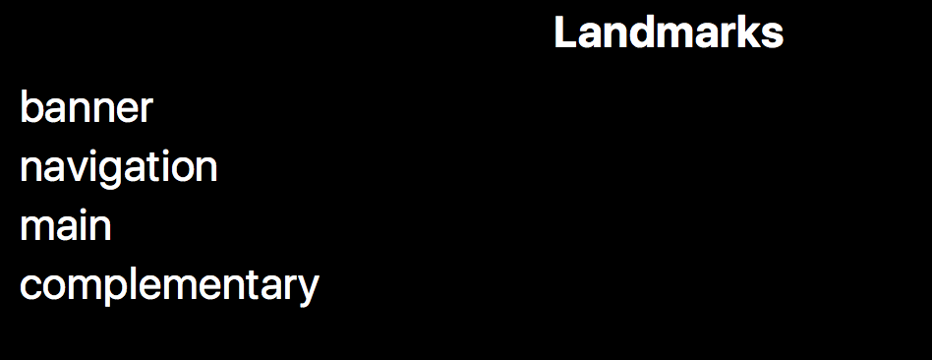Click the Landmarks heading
coord(669,33)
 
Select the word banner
coord(86,108)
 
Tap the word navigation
coord(118,167)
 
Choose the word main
coord(65,226)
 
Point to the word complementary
coord(169,286)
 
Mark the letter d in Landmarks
coord(636,33)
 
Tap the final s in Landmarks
coord(774,35)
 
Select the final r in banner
coord(146,111)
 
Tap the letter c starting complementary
coord(29,287)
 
